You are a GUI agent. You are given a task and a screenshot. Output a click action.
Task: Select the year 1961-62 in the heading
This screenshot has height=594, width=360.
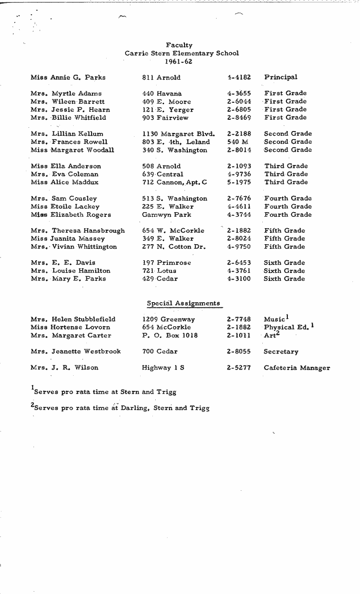[x=182, y=61]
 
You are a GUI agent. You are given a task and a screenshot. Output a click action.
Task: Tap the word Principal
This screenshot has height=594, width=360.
[x=281, y=77]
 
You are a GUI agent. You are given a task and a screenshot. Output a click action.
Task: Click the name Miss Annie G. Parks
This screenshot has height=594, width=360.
[x=68, y=77]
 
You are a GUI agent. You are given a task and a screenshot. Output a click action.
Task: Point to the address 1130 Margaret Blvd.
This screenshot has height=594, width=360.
[x=178, y=134]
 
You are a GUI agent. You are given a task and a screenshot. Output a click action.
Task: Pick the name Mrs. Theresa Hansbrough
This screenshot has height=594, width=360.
[x=78, y=231]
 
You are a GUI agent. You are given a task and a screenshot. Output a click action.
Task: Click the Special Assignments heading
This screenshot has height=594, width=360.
[x=183, y=304]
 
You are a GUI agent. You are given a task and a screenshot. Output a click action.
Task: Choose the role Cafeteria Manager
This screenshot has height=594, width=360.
[x=297, y=368]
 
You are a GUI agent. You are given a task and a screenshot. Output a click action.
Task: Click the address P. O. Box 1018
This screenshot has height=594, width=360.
[x=170, y=336]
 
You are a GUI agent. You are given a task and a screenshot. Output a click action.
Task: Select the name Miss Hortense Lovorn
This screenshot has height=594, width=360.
[x=70, y=328]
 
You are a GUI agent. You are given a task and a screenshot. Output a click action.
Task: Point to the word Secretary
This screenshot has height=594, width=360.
[x=281, y=352]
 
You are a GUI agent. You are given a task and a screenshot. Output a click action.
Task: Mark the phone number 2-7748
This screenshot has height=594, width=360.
[x=239, y=320]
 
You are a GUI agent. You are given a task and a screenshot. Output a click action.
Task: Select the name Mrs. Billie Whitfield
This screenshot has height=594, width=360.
[x=68, y=118]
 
